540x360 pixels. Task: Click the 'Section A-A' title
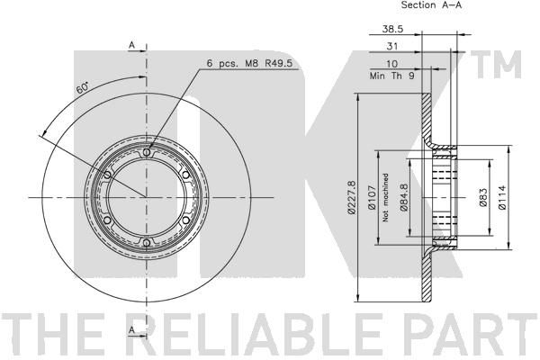[431, 4]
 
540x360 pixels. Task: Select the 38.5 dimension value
[392, 29]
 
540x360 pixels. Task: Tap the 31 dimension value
[391, 46]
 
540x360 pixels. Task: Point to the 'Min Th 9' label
[391, 76]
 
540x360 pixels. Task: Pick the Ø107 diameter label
[371, 198]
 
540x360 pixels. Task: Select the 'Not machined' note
[385, 197]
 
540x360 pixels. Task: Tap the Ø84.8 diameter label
[403, 197]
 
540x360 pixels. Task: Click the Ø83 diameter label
[482, 197]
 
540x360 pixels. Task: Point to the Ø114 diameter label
[502, 197]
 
